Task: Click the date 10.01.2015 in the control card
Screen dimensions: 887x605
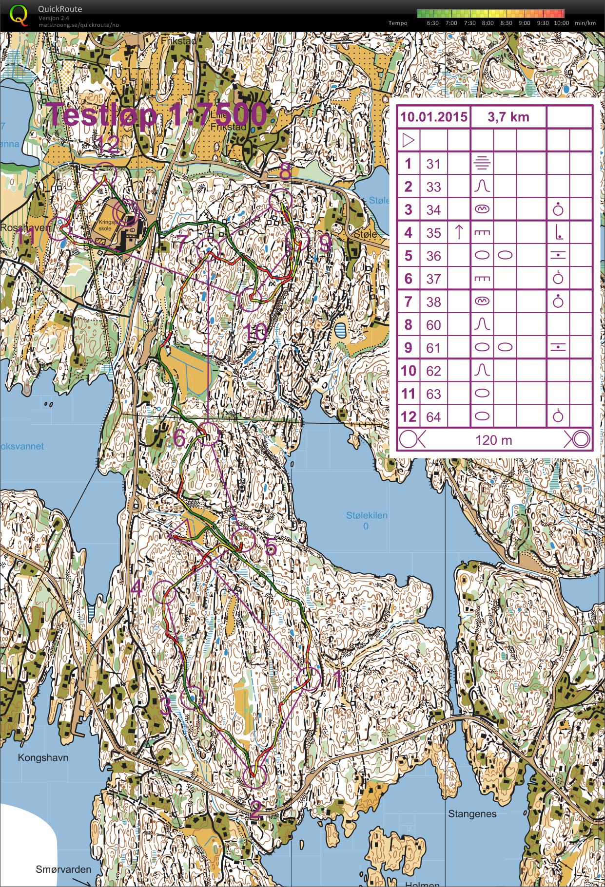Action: click(x=433, y=117)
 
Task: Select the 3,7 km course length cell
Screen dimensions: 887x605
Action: click(x=508, y=117)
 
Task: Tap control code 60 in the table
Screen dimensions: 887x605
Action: click(x=433, y=325)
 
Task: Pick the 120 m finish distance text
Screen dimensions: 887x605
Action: click(x=493, y=440)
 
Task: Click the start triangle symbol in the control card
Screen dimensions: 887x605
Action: click(x=409, y=141)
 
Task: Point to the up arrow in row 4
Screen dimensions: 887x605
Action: click(x=459, y=232)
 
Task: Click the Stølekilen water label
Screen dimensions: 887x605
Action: click(x=367, y=515)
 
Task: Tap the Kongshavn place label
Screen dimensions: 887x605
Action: click(x=43, y=757)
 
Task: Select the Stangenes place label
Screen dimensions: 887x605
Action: click(x=472, y=814)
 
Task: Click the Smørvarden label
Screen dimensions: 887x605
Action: click(x=63, y=869)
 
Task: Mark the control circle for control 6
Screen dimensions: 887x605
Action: click(x=209, y=434)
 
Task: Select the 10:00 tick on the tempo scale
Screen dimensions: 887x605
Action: click(x=561, y=23)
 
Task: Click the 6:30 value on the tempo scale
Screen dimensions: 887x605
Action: click(x=432, y=23)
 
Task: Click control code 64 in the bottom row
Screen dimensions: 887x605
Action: click(x=433, y=417)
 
